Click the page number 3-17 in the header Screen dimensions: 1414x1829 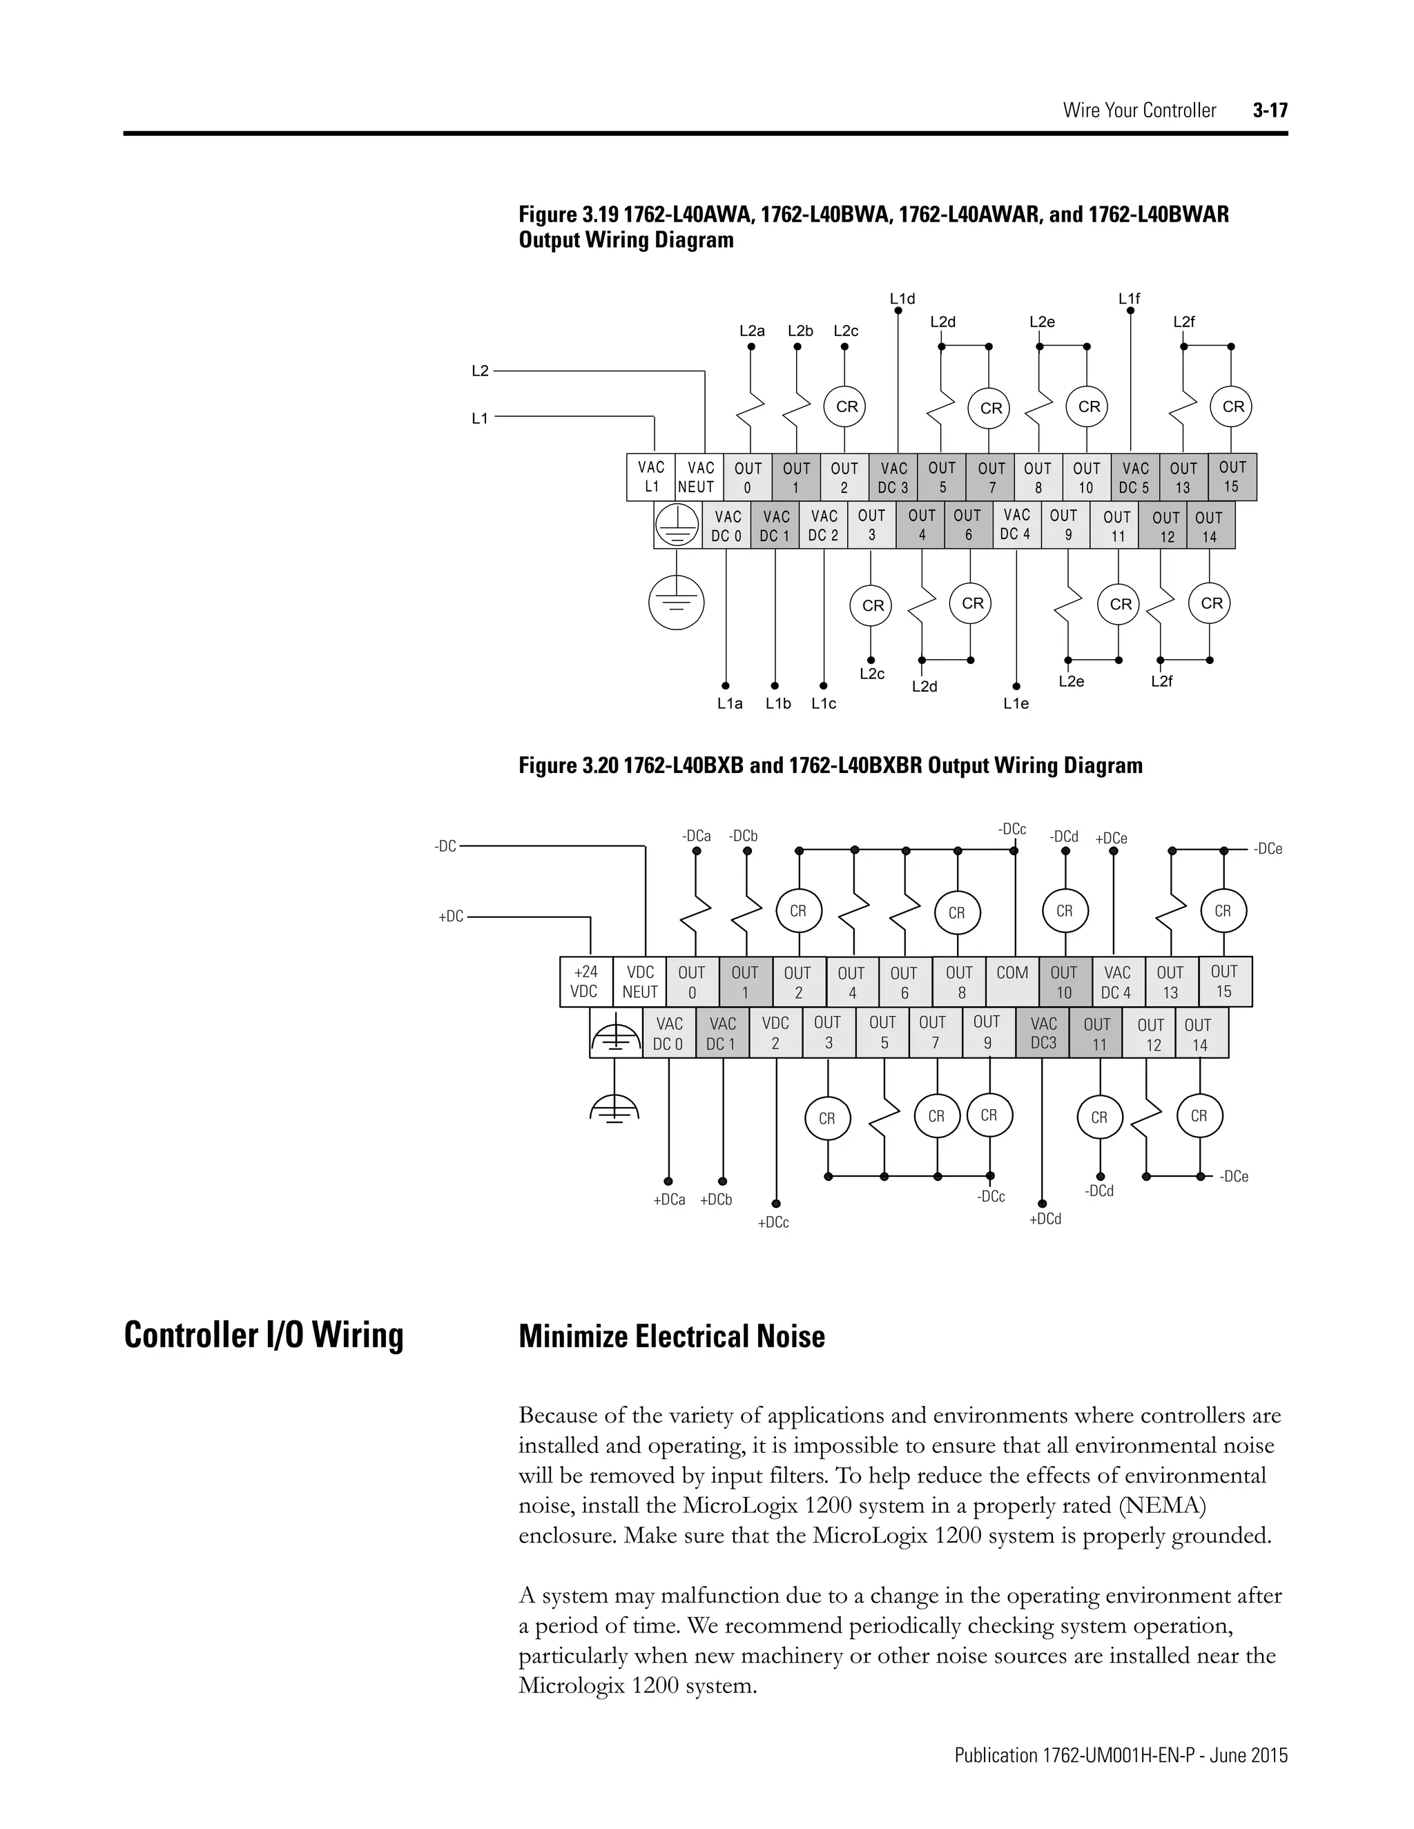click(1270, 110)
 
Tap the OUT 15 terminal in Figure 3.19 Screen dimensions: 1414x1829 click(1232, 476)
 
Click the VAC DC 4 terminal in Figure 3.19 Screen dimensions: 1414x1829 click(1016, 525)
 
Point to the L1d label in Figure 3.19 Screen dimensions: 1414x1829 click(902, 299)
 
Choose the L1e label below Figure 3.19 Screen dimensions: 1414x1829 click(1016, 704)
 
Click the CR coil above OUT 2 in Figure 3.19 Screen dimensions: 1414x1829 click(845, 407)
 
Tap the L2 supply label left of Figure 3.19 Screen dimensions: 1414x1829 click(480, 371)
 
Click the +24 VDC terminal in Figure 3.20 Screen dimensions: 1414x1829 click(585, 981)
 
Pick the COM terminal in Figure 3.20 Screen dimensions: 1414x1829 click(1012, 973)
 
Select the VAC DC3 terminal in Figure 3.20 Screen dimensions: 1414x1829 click(1043, 1033)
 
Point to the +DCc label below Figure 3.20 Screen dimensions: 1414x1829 click(773, 1223)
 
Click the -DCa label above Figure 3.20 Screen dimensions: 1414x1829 click(696, 836)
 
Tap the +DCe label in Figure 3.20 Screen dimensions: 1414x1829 click(1112, 839)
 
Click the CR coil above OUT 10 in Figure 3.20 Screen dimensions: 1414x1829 click(1065, 911)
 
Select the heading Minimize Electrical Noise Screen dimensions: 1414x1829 click(672, 1337)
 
